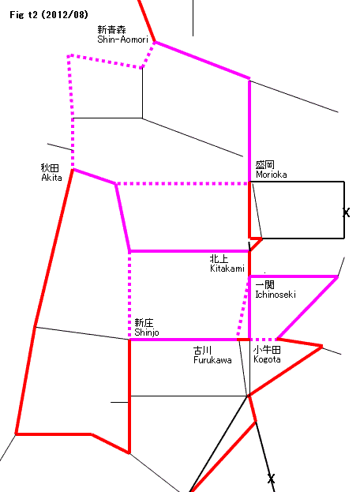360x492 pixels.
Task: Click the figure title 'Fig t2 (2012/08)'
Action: pyautogui.click(x=49, y=15)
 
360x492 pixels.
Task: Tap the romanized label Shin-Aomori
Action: pyautogui.click(x=122, y=39)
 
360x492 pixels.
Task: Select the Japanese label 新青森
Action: pyautogui.click(x=111, y=30)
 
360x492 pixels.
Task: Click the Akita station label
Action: pyautogui.click(x=52, y=178)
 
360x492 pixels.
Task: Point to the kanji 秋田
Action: pyautogui.click(x=50, y=168)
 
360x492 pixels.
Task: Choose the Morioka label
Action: pyautogui.click(x=272, y=175)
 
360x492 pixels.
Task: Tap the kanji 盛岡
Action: pyautogui.click(x=265, y=165)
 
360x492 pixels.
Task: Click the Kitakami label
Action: pyautogui.click(x=227, y=269)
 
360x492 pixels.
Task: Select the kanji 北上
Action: pyautogui.click(x=219, y=259)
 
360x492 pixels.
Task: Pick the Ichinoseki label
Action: pyautogui.click(x=276, y=295)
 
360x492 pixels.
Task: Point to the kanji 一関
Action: pyautogui.click(x=265, y=285)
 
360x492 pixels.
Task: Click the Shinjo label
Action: pyautogui.click(x=147, y=332)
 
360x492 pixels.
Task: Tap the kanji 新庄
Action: pyautogui.click(x=144, y=322)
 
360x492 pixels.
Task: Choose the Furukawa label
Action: pyautogui.click(x=212, y=360)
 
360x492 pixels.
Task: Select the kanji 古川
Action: pyautogui.click(x=203, y=350)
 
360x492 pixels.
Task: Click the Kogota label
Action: pyautogui.click(x=267, y=359)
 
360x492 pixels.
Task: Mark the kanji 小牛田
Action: pyautogui.click(x=267, y=350)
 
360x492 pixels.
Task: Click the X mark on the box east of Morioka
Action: pyautogui.click(x=346, y=212)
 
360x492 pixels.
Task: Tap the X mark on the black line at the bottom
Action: pyautogui.click(x=272, y=479)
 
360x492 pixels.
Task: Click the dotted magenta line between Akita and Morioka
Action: pyautogui.click(x=183, y=183)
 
